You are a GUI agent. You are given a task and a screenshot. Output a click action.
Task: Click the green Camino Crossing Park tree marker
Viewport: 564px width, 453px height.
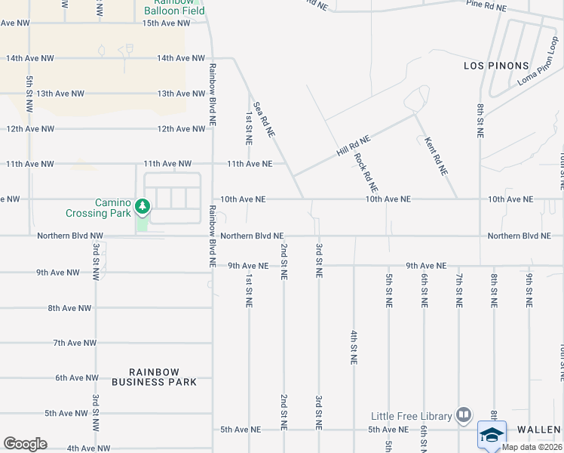(142, 206)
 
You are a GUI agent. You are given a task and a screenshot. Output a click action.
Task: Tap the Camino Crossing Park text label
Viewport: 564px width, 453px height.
(113, 208)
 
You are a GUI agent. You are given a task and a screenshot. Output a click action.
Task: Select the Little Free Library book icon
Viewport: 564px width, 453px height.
(464, 415)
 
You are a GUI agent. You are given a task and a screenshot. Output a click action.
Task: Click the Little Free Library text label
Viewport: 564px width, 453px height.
(411, 416)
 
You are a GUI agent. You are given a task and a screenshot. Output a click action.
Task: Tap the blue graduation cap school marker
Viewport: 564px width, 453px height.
(492, 436)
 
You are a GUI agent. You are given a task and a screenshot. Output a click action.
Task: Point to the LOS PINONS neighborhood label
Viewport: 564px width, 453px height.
(496, 66)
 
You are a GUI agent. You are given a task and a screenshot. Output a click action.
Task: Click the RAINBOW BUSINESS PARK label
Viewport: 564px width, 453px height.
(155, 377)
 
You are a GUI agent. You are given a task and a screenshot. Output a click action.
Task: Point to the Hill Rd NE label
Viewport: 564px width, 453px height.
(354, 146)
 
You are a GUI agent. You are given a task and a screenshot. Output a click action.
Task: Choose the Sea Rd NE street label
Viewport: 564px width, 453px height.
(262, 119)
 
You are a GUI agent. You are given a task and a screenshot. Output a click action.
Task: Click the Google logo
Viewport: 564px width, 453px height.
(25, 444)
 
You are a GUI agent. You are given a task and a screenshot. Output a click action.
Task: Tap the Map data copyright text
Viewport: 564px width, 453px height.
(531, 447)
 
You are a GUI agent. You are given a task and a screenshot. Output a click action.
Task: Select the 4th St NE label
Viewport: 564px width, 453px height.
(353, 347)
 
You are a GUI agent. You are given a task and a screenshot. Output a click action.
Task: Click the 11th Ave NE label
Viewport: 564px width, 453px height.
(250, 164)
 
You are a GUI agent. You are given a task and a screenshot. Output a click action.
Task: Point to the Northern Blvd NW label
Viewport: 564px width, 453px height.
(69, 236)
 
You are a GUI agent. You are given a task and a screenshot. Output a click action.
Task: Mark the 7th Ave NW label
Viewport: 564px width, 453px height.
(74, 343)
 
